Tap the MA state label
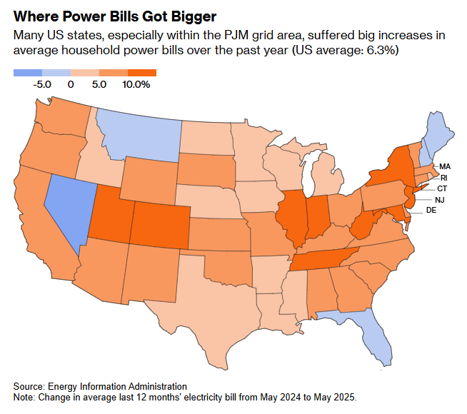(x=444, y=166)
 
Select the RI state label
(x=443, y=177)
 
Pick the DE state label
(x=431, y=211)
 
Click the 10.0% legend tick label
(x=136, y=84)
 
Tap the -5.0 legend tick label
(x=43, y=84)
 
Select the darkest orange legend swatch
(x=142, y=72)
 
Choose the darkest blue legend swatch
(x=28, y=72)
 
